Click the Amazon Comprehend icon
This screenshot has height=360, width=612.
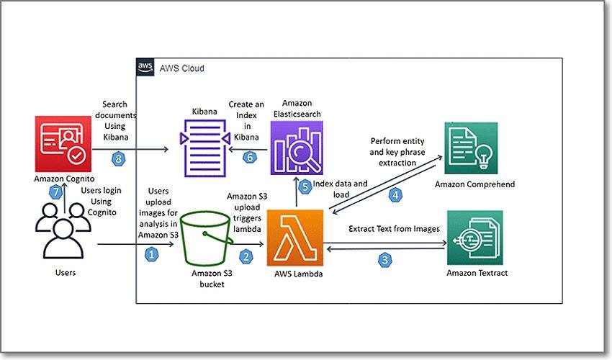472,148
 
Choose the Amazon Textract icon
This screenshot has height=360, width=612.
472,236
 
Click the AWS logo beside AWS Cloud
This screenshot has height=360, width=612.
144,68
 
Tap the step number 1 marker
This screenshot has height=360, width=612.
151,253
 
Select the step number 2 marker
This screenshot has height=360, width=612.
246,254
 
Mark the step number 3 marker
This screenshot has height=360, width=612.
386,261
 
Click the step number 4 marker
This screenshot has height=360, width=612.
395,194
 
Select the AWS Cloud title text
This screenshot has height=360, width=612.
179,68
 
